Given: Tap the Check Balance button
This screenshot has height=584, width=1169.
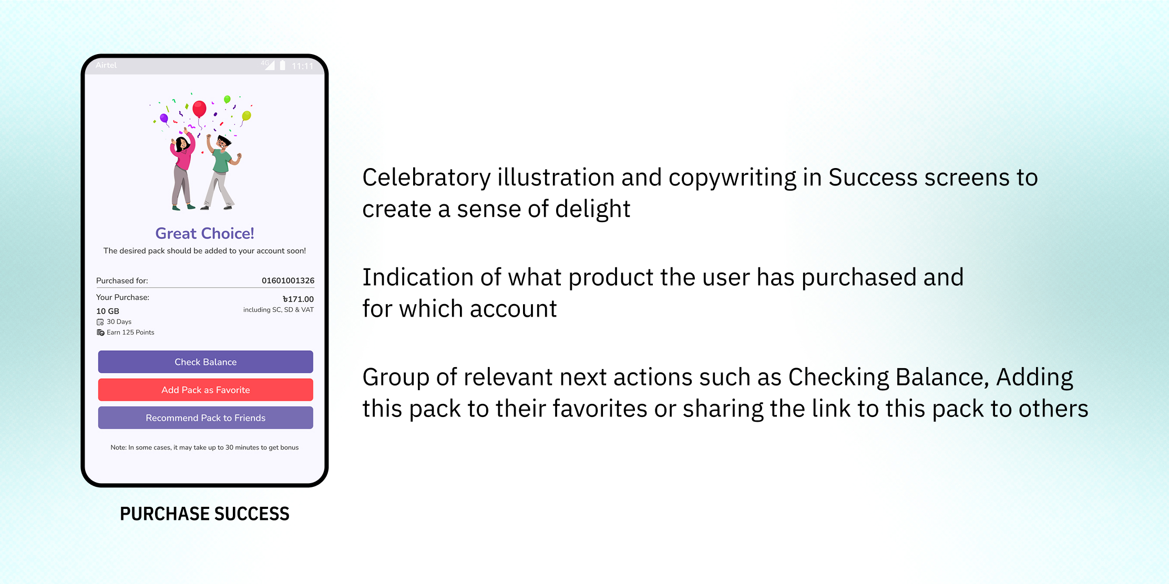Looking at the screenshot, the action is pos(206,362).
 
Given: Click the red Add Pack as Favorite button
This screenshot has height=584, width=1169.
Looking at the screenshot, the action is pos(206,390).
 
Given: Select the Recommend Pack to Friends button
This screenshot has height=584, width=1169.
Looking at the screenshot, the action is pos(206,418).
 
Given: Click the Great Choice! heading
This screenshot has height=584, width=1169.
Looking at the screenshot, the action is pos(204,233).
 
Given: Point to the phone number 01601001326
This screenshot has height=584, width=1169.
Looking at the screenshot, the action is pos(288,280).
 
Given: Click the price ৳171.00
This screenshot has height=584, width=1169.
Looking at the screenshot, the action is pos(298,299).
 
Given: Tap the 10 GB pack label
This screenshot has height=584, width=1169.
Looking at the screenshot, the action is pos(108,311).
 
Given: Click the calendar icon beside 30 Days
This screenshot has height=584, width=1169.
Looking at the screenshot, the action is pos(100,322).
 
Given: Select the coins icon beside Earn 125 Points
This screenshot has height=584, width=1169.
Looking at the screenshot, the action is pos(100,332).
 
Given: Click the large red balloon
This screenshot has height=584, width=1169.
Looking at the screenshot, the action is pos(199,109).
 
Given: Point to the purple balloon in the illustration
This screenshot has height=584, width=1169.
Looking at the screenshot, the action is pos(164,119).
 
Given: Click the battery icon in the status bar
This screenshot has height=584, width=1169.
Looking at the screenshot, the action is pos(282,65).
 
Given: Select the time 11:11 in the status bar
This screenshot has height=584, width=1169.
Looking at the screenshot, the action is pos(302,66).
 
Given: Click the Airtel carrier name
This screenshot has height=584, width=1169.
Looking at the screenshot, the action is pos(106,65).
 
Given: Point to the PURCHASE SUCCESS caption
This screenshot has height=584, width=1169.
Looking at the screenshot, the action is pos(204,514).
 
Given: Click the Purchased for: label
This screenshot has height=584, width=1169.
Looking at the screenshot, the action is pos(122,280).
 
